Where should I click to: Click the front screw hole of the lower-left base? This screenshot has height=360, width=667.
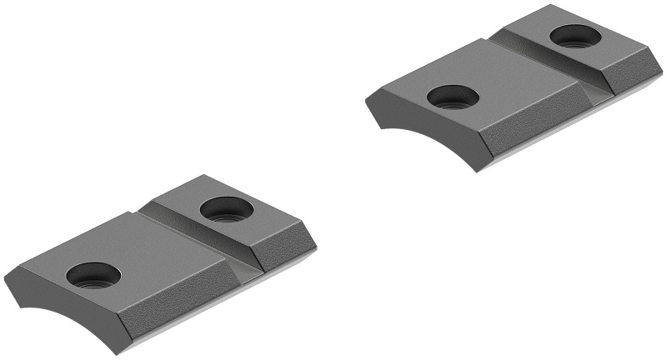pos(93,274)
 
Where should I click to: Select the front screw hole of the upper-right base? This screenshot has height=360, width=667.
pos(453,97)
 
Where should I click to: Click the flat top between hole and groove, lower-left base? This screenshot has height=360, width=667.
pos(158,250)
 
